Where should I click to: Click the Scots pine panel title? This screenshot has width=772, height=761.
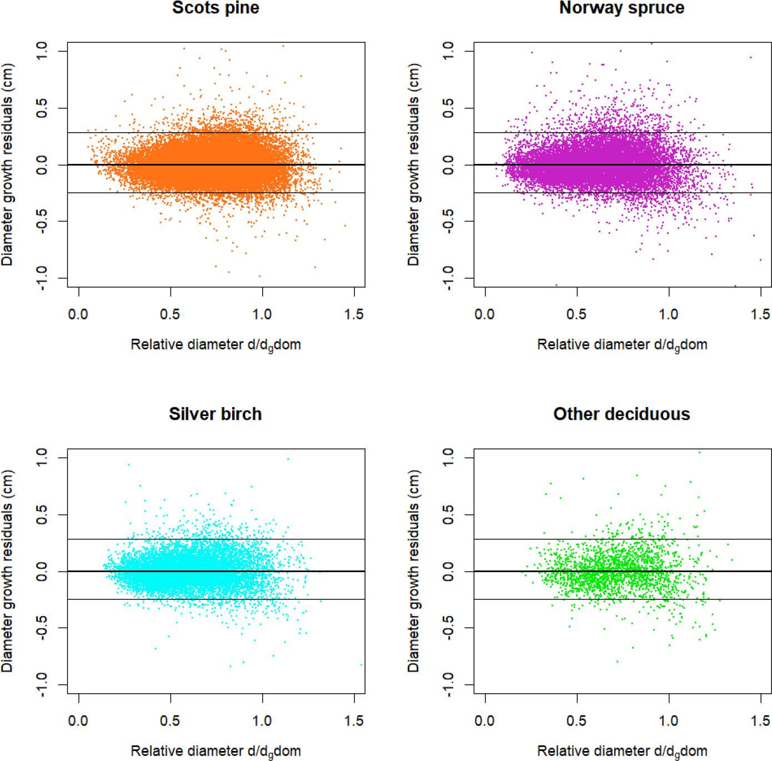[215, 8]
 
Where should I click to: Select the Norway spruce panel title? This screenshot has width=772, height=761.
[621, 8]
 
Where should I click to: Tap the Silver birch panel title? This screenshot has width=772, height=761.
[215, 414]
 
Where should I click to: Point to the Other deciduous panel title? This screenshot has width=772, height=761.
[621, 414]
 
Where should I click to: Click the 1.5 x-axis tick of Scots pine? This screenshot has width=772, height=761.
[354, 314]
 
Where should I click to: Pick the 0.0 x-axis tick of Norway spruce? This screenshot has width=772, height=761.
[485, 314]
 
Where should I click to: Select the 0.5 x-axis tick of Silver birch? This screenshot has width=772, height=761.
[170, 721]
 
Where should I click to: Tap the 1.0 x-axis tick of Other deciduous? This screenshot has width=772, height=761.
[669, 721]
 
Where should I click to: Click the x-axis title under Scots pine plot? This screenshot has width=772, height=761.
[215, 345]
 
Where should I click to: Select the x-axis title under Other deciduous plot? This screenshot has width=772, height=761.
[622, 752]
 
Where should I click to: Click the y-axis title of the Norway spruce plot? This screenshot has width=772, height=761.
[414, 164]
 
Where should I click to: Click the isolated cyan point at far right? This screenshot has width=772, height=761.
[361, 664]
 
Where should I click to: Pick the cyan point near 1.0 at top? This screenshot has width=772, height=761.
[288, 459]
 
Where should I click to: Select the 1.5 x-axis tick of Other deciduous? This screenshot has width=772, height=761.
[760, 721]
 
